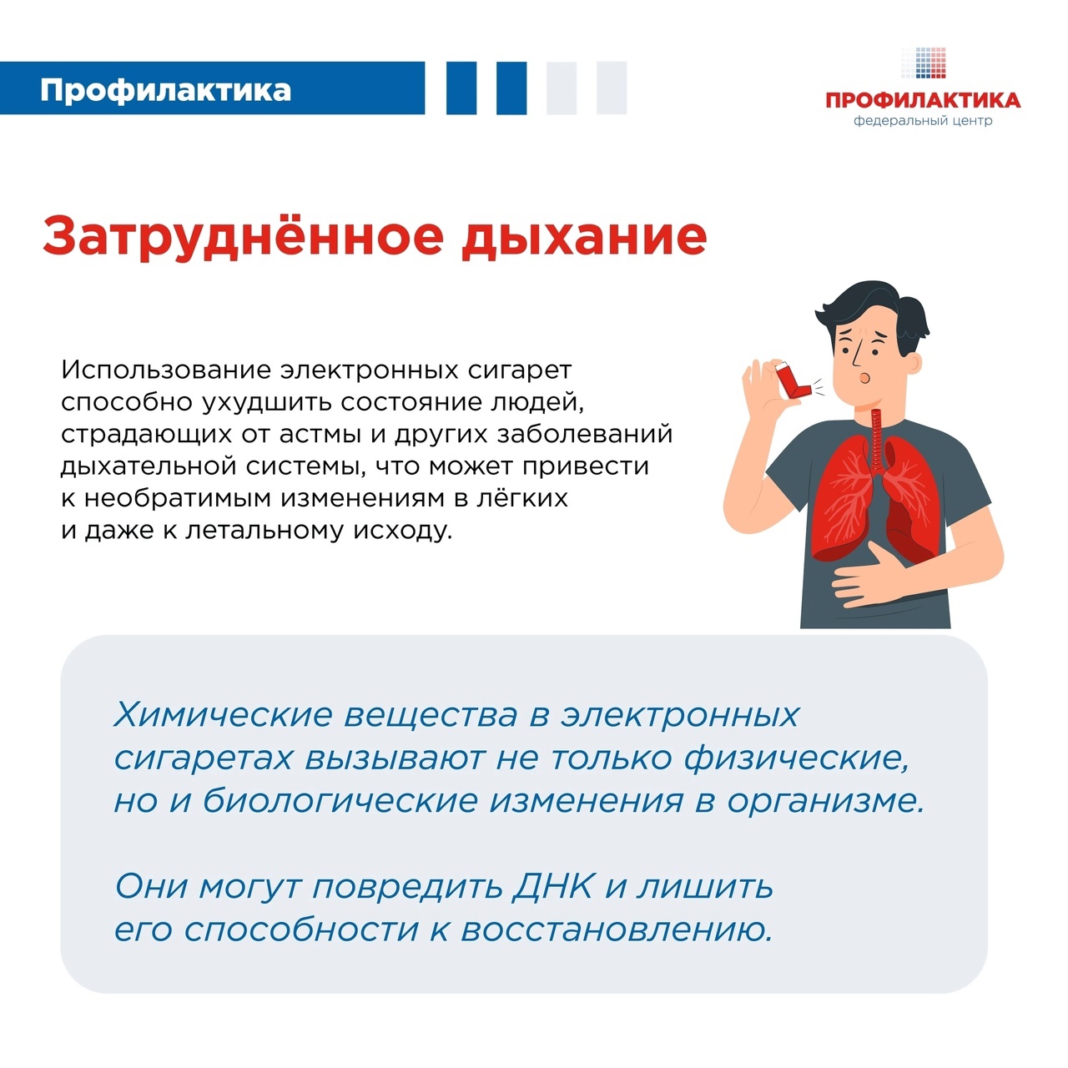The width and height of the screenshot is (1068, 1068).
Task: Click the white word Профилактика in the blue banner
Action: click(165, 90)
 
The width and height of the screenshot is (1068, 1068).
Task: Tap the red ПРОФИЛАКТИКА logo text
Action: click(923, 100)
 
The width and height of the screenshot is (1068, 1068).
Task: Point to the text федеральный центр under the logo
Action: click(923, 121)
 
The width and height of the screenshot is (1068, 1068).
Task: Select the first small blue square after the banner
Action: click(461, 88)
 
